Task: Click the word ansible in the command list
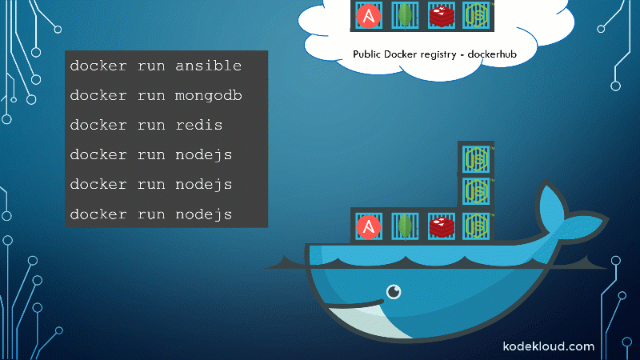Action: [208, 66]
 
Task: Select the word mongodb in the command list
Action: [209, 96]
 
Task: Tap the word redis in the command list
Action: [198, 126]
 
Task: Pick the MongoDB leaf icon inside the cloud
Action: [405, 15]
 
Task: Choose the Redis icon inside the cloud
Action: [441, 15]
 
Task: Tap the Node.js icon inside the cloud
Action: [477, 15]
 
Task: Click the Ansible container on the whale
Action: [369, 226]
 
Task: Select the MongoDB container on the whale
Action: [406, 226]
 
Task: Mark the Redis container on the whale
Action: [441, 226]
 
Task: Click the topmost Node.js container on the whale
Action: [476, 158]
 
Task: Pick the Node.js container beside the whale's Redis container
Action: [476, 226]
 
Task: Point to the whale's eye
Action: [394, 292]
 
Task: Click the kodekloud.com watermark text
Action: [548, 346]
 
